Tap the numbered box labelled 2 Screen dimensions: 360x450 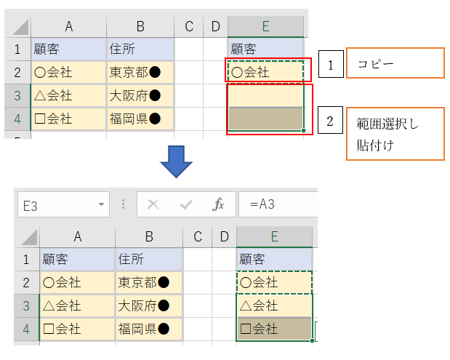(331, 121)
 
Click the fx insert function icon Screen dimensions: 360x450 (218, 205)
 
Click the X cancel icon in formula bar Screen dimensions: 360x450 (153, 205)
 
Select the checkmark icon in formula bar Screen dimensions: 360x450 (185, 205)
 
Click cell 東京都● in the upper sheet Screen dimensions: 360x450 (140, 72)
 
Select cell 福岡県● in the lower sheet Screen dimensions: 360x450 (149, 329)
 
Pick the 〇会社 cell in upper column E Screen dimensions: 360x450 (265, 72)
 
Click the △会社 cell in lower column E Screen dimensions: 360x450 (274, 305)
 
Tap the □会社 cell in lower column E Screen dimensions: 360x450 (274, 329)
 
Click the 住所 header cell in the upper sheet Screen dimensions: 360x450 (140, 49)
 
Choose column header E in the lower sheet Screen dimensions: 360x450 (274, 236)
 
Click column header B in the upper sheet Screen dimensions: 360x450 (140, 27)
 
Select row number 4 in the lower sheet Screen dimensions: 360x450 (27, 329)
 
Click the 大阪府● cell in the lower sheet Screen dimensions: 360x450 (149, 305)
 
